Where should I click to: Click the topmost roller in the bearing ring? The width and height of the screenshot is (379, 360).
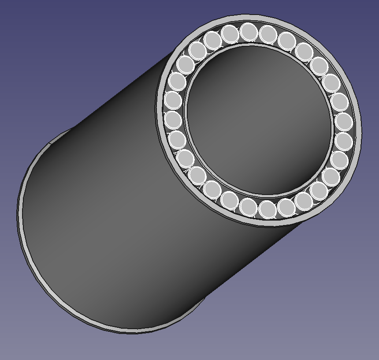249,31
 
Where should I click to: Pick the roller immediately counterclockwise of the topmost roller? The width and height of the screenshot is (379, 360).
230,33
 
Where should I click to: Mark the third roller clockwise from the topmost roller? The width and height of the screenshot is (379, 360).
304,51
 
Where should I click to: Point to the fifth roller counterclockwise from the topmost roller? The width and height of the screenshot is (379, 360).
177,82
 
